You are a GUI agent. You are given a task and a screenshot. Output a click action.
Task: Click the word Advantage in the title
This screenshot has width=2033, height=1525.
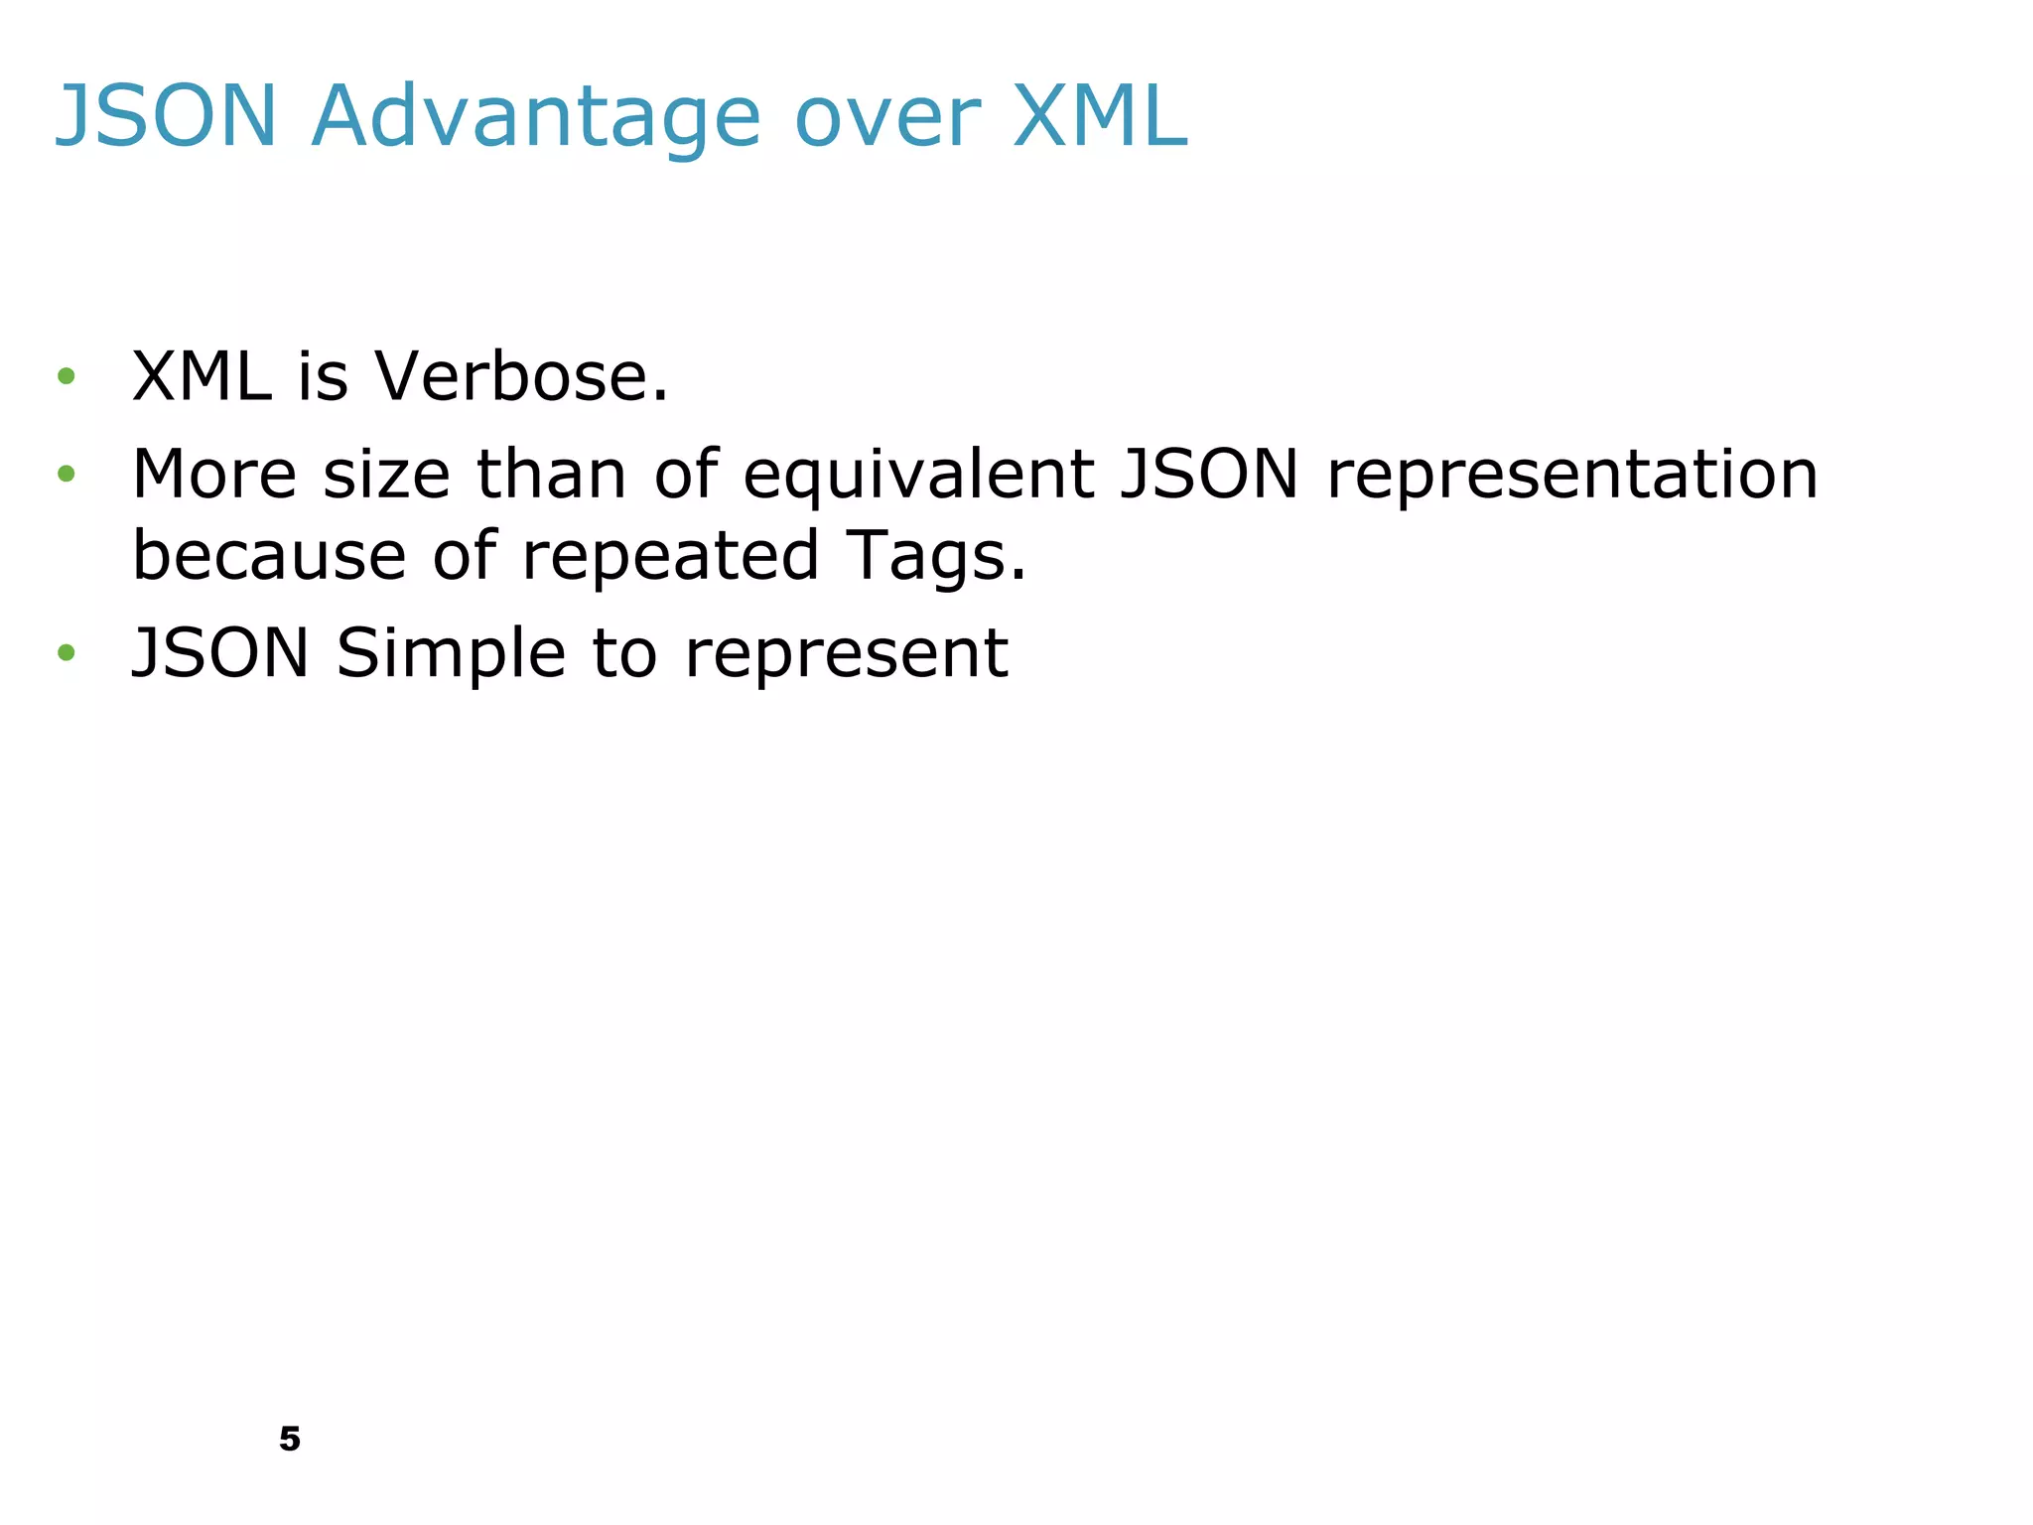pyautogui.click(x=536, y=117)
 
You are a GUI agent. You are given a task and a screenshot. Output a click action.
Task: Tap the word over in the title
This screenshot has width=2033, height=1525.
pyautogui.click(x=887, y=117)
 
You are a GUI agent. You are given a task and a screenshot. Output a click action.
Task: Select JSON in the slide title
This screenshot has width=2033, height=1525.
pyautogui.click(x=166, y=117)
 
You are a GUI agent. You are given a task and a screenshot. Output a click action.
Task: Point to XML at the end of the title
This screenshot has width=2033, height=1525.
pyautogui.click(x=1100, y=117)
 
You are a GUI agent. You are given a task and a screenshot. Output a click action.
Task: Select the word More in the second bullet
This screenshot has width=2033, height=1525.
pyautogui.click(x=214, y=474)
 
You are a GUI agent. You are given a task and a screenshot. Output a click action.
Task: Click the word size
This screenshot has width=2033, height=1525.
pyautogui.click(x=387, y=474)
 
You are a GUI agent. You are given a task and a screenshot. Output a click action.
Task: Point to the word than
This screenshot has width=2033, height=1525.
pyautogui.click(x=551, y=474)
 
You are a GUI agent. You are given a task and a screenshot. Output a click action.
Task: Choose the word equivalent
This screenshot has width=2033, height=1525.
pyautogui.click(x=918, y=474)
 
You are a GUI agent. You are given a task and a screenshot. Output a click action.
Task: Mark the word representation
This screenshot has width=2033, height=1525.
pyautogui.click(x=1572, y=474)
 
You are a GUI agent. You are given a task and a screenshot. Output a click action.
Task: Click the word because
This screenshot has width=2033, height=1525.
pyautogui.click(x=269, y=555)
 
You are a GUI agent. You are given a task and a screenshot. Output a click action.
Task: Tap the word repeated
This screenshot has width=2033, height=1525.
pyautogui.click(x=671, y=555)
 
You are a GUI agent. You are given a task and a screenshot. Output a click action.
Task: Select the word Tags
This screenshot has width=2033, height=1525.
pyautogui.click(x=935, y=555)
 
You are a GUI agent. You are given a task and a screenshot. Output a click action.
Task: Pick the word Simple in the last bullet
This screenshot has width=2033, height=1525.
pyautogui.click(x=451, y=653)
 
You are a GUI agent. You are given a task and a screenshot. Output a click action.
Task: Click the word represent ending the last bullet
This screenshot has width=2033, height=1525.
pyautogui.click(x=847, y=655)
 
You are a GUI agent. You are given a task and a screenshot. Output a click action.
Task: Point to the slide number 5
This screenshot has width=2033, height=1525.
pyautogui.click(x=290, y=1439)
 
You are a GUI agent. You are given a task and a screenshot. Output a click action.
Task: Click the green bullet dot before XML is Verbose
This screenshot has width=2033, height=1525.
pyautogui.click(x=67, y=375)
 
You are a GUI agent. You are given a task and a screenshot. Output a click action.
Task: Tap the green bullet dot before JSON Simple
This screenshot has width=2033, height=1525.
pyautogui.click(x=67, y=652)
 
